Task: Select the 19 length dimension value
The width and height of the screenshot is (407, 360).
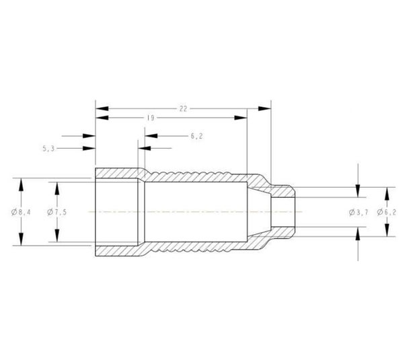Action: (151, 118)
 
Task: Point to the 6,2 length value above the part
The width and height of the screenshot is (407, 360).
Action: (196, 136)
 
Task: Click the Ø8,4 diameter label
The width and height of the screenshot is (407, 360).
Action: (21, 213)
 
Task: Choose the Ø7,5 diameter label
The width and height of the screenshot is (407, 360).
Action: (57, 213)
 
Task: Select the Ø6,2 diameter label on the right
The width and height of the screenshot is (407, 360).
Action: (387, 213)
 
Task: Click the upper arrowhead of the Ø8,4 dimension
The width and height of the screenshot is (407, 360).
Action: (21, 184)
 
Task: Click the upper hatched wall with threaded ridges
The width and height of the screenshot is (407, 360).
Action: (195, 176)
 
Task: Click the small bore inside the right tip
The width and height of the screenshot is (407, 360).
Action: (283, 212)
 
